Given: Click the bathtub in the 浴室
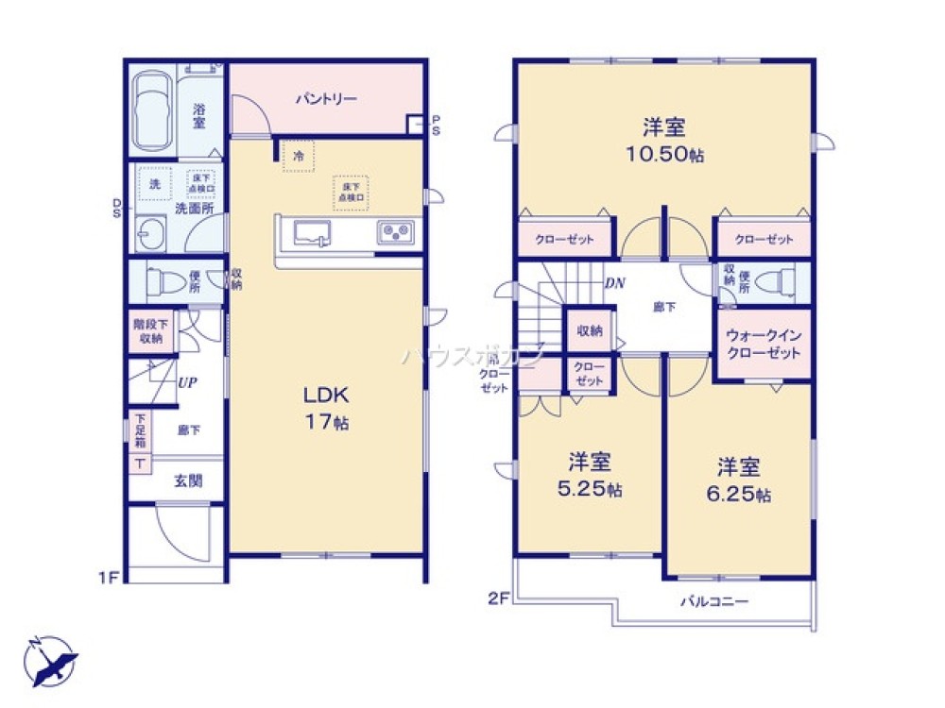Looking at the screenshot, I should click(x=151, y=111).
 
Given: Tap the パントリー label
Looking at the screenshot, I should click(x=325, y=98).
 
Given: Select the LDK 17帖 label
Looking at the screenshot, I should click(x=325, y=408).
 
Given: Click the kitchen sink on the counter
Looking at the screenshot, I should click(x=313, y=233).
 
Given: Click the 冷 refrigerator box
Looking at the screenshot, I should click(x=299, y=157).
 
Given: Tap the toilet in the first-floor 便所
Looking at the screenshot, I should click(x=169, y=280).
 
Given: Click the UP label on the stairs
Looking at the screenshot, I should click(x=186, y=383).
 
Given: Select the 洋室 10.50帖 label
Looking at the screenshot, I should click(x=664, y=141).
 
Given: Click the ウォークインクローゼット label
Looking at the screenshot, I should click(x=763, y=345).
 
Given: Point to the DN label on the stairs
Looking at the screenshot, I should click(x=615, y=282).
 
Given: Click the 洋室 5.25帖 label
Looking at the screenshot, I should click(x=589, y=476).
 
